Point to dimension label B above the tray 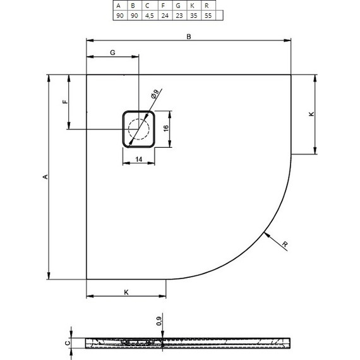pyautogui.click(x=188, y=37)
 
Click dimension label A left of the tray pyautogui.click(x=44, y=177)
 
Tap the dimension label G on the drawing pyautogui.click(x=112, y=52)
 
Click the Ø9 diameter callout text pyautogui.click(x=155, y=95)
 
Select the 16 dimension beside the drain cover pyautogui.click(x=165, y=128)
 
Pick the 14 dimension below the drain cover pyautogui.click(x=138, y=160)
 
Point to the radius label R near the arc pyautogui.click(x=285, y=244)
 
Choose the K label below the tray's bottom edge pyautogui.click(x=126, y=292)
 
